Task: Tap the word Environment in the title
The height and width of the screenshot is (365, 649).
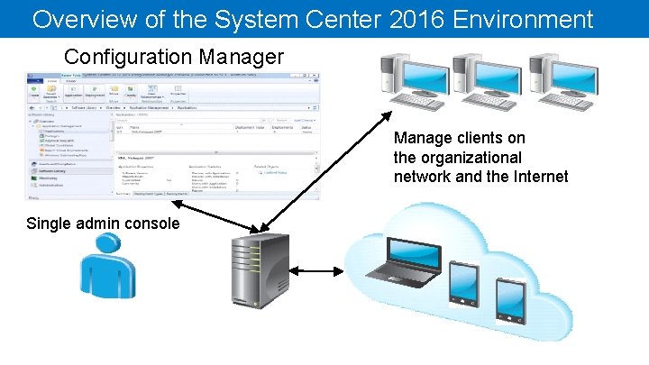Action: (x=516, y=19)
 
